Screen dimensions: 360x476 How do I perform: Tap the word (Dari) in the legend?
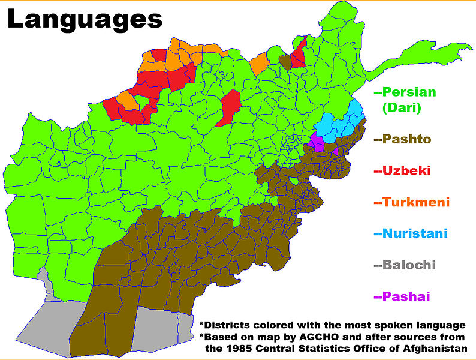(402, 108)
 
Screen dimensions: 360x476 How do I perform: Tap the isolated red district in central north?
(228, 107)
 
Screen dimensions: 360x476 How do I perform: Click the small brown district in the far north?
(286, 62)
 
